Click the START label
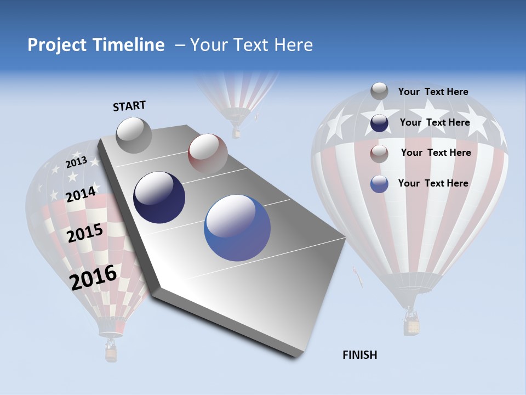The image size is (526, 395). coord(129,106)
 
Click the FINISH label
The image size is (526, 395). coord(359,355)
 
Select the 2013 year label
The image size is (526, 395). coord(77,162)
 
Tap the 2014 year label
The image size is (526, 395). coord(81,194)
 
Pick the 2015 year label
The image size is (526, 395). coord(85,233)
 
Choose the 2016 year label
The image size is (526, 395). coord(93,277)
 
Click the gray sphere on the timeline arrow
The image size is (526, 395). coord(134,135)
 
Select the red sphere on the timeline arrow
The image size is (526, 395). coord(208,154)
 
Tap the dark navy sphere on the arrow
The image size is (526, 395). coord(159,198)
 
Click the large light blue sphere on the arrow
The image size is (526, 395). coord(237,228)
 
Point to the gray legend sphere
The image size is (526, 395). coord(379,91)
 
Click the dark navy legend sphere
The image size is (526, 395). coord(379,123)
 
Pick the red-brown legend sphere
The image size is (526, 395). coord(379,154)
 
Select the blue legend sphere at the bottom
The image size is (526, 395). coord(379,184)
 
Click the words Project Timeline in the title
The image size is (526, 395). coord(96,45)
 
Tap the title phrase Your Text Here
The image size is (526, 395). coord(251,45)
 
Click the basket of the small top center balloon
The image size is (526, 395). coord(236,133)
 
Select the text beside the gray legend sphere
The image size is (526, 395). coord(433,92)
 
